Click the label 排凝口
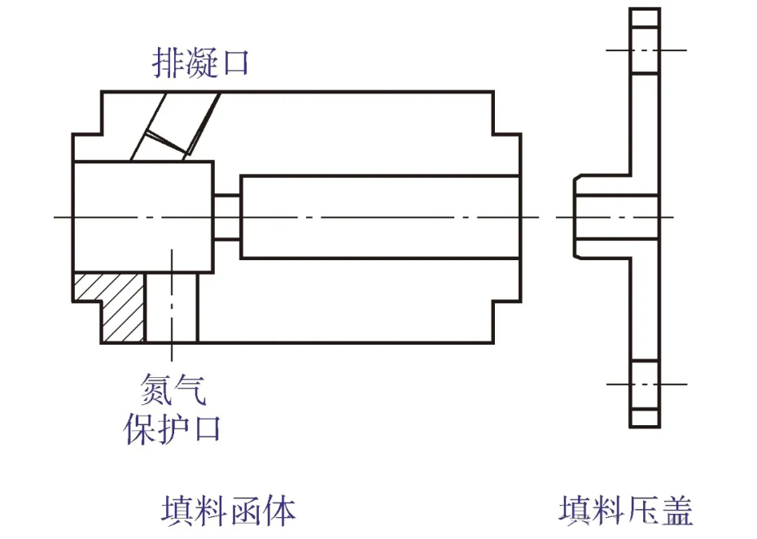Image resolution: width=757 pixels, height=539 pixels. tap(199, 62)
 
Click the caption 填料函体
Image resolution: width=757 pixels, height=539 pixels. tap(227, 510)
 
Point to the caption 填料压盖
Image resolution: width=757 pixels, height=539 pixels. tap(626, 511)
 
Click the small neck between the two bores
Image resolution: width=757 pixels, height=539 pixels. tap(227, 217)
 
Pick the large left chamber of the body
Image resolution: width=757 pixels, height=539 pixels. tap(143, 216)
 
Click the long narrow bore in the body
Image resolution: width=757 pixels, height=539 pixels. tap(379, 217)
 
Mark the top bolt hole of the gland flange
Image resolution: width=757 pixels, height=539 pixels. tap(645, 50)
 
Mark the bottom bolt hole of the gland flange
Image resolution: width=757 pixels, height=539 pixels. tap(645, 384)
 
